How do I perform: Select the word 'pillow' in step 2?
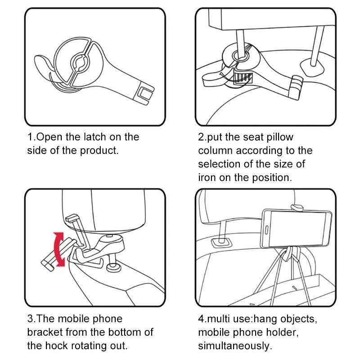pyautogui.click(x=278, y=137)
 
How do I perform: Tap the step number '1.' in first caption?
pyautogui.click(x=31, y=137)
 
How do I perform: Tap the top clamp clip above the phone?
pyautogui.click(x=297, y=207)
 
